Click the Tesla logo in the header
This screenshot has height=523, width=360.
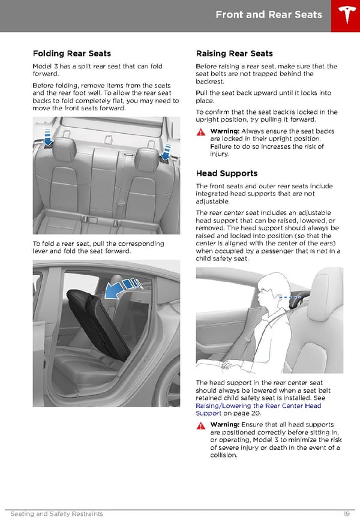coord(345,16)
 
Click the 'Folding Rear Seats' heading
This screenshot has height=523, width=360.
coord(71,53)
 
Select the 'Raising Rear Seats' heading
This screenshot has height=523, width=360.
coord(234,53)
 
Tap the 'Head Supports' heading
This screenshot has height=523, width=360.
coord(226,173)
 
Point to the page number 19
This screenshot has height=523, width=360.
coord(347,514)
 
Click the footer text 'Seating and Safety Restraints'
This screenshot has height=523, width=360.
coord(56,514)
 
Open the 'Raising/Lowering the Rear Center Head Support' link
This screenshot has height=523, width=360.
coord(258,410)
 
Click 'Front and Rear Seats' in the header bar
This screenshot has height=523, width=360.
coord(269,14)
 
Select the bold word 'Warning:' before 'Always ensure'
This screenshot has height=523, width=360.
coord(225,131)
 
